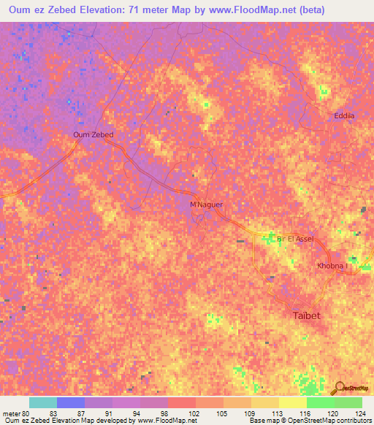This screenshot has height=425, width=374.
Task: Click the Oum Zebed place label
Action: (x=93, y=134)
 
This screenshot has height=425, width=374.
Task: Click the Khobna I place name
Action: (x=333, y=266)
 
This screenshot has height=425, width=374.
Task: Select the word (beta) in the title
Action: (x=289, y=10)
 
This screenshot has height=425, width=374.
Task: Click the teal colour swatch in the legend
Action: (x=42, y=402)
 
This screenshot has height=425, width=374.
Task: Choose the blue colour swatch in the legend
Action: (x=70, y=402)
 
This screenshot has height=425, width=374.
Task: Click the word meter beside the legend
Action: (x=10, y=413)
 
